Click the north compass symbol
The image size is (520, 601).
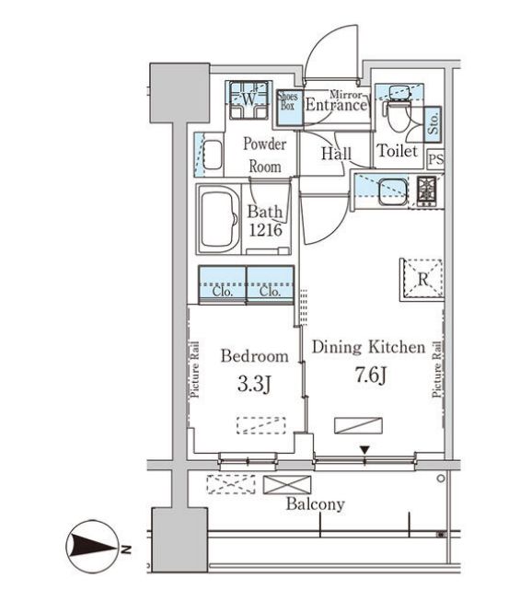[x=92, y=546]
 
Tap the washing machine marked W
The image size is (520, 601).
[x=248, y=99]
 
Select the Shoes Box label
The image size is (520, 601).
[x=289, y=100]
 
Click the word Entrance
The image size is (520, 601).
[x=336, y=106]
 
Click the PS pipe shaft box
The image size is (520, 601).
[x=435, y=158]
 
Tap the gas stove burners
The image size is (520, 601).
[x=426, y=191]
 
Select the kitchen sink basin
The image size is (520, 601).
[x=393, y=191]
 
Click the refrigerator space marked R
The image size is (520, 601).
[x=422, y=279]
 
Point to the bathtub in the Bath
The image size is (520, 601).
[x=218, y=219]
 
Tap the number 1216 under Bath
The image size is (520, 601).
[x=266, y=230]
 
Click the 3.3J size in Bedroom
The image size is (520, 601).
[x=254, y=384]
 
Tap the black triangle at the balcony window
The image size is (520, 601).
[x=364, y=449]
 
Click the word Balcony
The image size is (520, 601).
[x=316, y=504]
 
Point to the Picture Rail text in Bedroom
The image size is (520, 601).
[x=194, y=369]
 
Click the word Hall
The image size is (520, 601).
[x=336, y=154]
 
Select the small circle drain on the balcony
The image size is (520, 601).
[x=441, y=479]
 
